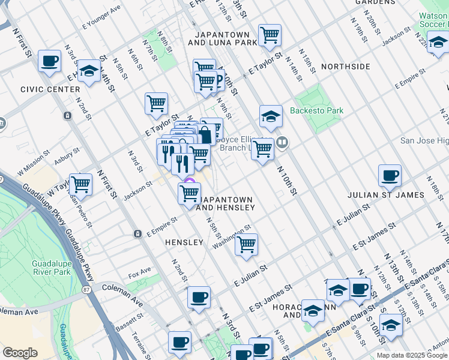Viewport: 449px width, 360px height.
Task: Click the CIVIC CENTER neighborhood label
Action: coord(50,89)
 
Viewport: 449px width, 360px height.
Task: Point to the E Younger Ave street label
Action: coord(101,25)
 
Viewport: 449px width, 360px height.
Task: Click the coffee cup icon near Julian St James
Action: coord(390,175)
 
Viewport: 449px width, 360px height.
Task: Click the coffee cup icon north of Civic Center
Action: coord(49,60)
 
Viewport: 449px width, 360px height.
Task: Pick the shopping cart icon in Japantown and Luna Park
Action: coord(270,35)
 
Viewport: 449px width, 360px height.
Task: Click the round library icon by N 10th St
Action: coord(283,142)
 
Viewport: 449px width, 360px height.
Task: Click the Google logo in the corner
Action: coord(20,353)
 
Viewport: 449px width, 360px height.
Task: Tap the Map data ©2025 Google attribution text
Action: coord(412,355)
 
